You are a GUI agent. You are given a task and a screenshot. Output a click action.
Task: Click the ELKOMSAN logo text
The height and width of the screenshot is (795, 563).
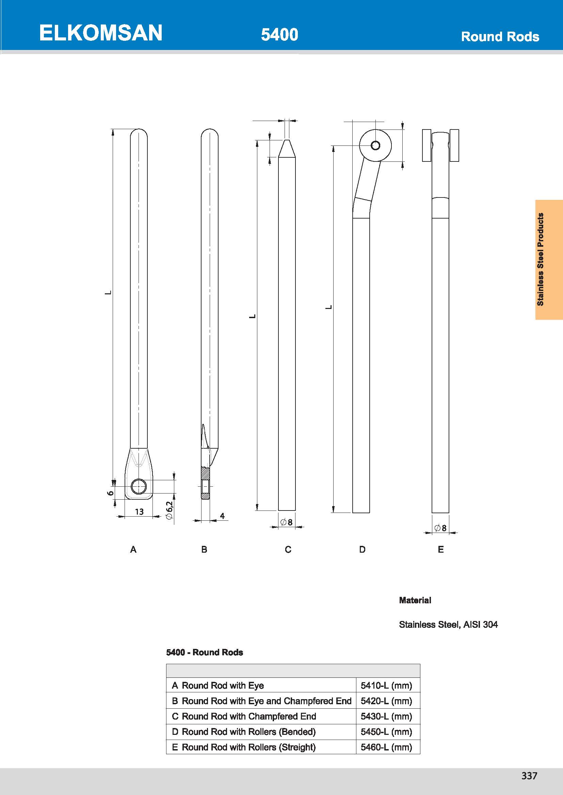(100, 33)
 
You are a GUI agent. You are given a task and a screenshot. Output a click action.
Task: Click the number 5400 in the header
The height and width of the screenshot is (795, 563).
(279, 35)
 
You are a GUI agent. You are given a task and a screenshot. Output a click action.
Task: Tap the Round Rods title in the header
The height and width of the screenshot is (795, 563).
(500, 37)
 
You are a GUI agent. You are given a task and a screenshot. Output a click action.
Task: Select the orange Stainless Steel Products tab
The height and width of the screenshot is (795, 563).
(548, 259)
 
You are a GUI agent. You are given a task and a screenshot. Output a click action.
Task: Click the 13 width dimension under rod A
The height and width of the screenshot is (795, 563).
(139, 512)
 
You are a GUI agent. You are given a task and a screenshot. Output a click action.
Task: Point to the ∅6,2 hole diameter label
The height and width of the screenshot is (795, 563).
(169, 511)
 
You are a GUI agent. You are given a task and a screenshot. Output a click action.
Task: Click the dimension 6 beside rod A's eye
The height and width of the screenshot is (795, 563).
(110, 493)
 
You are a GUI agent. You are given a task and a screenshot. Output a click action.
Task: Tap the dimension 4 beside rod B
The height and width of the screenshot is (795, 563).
(222, 516)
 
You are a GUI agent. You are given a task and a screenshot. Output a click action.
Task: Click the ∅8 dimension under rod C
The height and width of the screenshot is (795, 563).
(286, 522)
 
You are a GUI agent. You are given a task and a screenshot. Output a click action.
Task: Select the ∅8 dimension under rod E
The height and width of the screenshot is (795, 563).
(440, 528)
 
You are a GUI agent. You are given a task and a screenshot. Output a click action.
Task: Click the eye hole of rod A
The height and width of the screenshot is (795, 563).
(139, 486)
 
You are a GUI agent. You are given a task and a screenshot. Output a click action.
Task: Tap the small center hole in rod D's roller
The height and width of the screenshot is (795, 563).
(375, 145)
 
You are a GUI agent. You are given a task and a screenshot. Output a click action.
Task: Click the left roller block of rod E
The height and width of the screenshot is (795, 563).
(427, 145)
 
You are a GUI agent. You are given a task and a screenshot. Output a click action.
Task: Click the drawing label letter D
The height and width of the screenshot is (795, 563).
(362, 550)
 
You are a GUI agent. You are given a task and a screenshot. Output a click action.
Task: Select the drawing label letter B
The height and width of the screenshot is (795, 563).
(204, 550)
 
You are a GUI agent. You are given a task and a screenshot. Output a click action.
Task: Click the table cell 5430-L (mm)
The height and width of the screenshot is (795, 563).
(386, 716)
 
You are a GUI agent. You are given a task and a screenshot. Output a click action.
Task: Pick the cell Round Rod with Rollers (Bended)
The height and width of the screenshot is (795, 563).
(248, 732)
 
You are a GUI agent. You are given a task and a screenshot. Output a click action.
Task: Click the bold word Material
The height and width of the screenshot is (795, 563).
(415, 600)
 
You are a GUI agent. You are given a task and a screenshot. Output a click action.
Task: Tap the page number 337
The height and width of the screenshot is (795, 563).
(529, 776)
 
